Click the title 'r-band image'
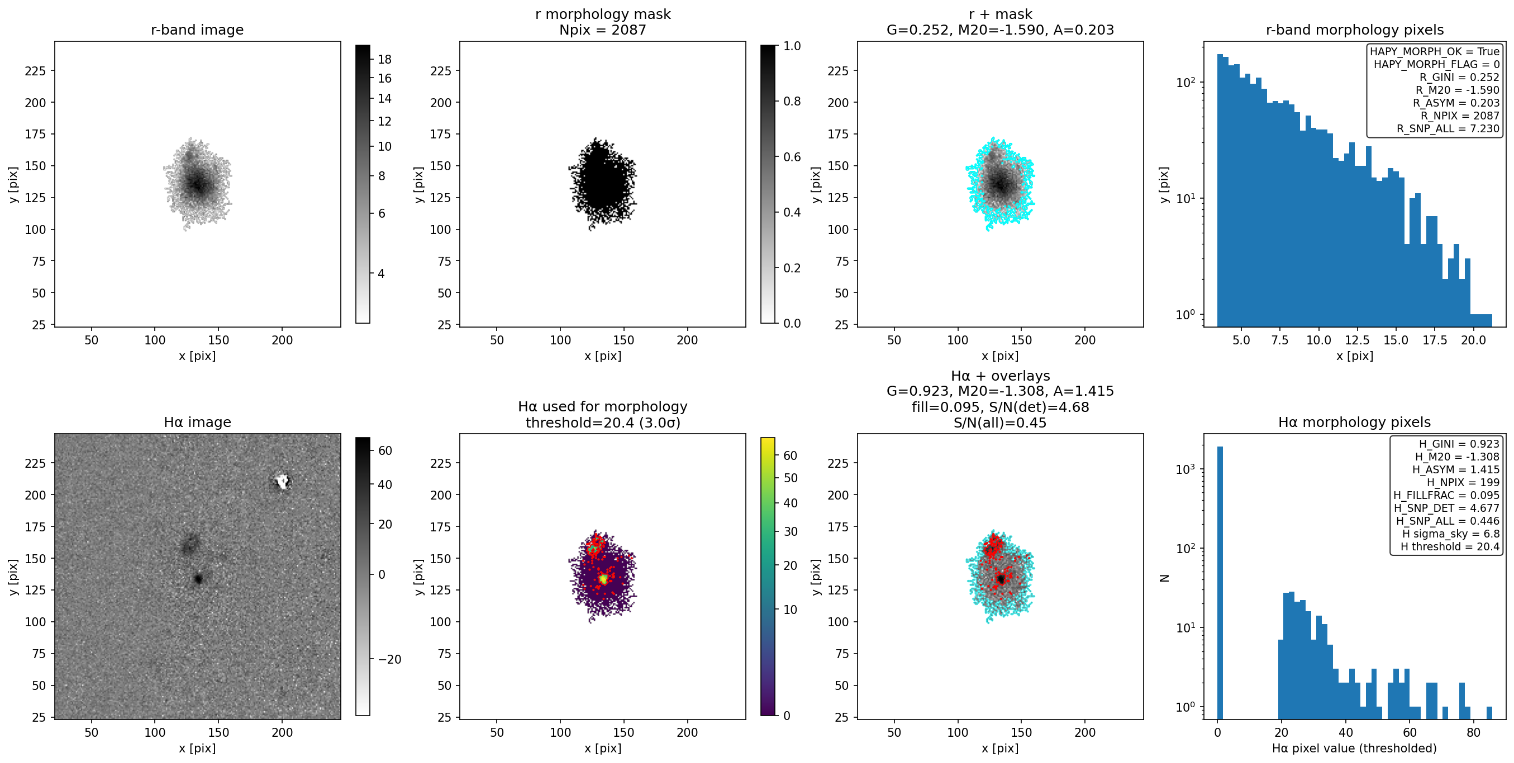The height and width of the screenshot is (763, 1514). click(197, 30)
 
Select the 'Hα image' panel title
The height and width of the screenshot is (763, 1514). click(197, 423)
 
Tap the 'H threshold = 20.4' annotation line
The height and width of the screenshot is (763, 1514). click(1449, 546)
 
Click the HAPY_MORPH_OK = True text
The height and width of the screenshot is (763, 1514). click(1435, 52)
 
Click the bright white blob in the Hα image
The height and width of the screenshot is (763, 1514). click(283, 482)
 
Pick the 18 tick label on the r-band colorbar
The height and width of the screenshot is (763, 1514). click(384, 59)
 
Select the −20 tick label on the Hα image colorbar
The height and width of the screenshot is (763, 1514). click(389, 660)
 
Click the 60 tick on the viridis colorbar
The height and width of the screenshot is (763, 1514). click(791, 456)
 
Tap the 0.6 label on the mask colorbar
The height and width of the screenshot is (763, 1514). click(792, 157)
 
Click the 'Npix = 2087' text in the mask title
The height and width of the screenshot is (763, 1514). click(602, 30)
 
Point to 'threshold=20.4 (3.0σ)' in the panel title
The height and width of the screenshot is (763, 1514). click(602, 423)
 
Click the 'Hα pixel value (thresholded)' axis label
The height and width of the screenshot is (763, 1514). click(1354, 748)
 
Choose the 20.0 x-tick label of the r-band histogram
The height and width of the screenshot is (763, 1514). click(1473, 340)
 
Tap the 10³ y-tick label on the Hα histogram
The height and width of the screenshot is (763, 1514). click(1186, 469)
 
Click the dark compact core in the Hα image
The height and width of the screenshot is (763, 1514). click(198, 579)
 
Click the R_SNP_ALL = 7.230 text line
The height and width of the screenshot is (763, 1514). click(1448, 128)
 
